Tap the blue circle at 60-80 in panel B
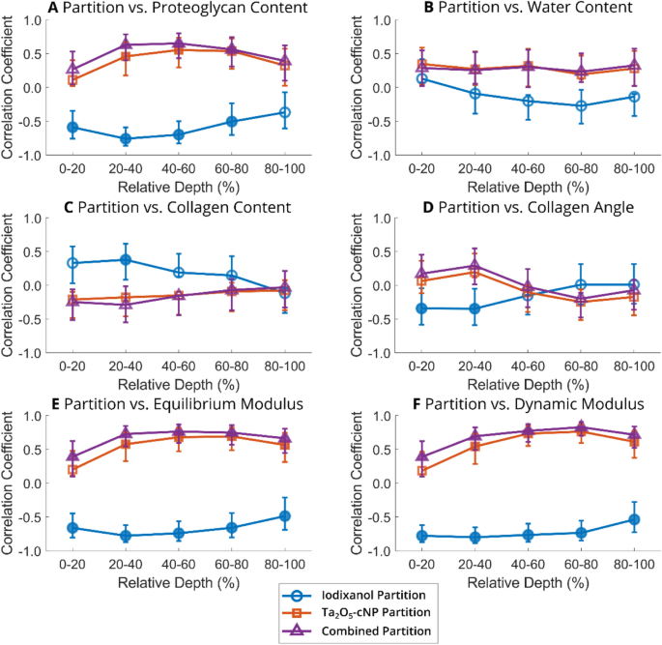[580, 105]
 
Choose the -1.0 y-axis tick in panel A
[34, 155]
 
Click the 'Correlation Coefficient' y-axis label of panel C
[9, 286]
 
